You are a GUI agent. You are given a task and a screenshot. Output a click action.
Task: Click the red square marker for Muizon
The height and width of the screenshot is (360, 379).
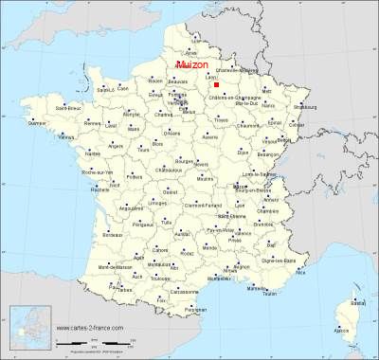(216, 84)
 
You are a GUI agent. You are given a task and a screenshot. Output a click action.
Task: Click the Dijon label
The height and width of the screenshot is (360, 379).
(243, 151)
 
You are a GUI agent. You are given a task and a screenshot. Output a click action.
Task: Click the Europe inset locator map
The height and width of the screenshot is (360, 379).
(27, 330)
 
